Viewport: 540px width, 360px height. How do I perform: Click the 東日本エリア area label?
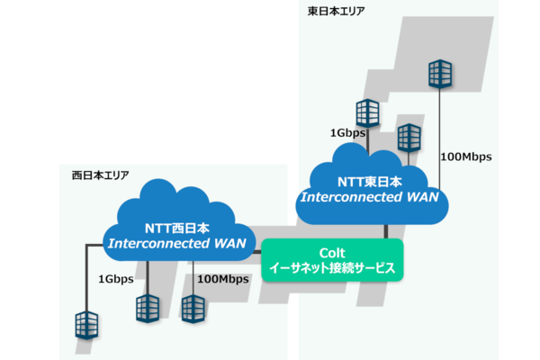tap(337, 11)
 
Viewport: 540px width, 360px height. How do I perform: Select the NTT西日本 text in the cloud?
tap(176, 228)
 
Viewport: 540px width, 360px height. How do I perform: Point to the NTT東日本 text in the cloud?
tap(369, 181)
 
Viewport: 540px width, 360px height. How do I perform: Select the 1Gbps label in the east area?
tap(347, 133)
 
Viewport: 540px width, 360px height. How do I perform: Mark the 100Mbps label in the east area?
tap(465, 157)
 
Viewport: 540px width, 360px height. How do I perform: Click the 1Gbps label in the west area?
tap(116, 279)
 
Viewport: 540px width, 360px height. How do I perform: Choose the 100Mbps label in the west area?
tap(222, 279)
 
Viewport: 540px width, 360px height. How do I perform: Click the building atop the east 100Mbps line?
tap(440, 75)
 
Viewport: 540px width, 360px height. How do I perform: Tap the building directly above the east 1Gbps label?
tap(368, 112)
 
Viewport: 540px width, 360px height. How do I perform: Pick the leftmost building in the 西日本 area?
tap(87, 325)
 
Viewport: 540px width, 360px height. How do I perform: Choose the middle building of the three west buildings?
tap(148, 309)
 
